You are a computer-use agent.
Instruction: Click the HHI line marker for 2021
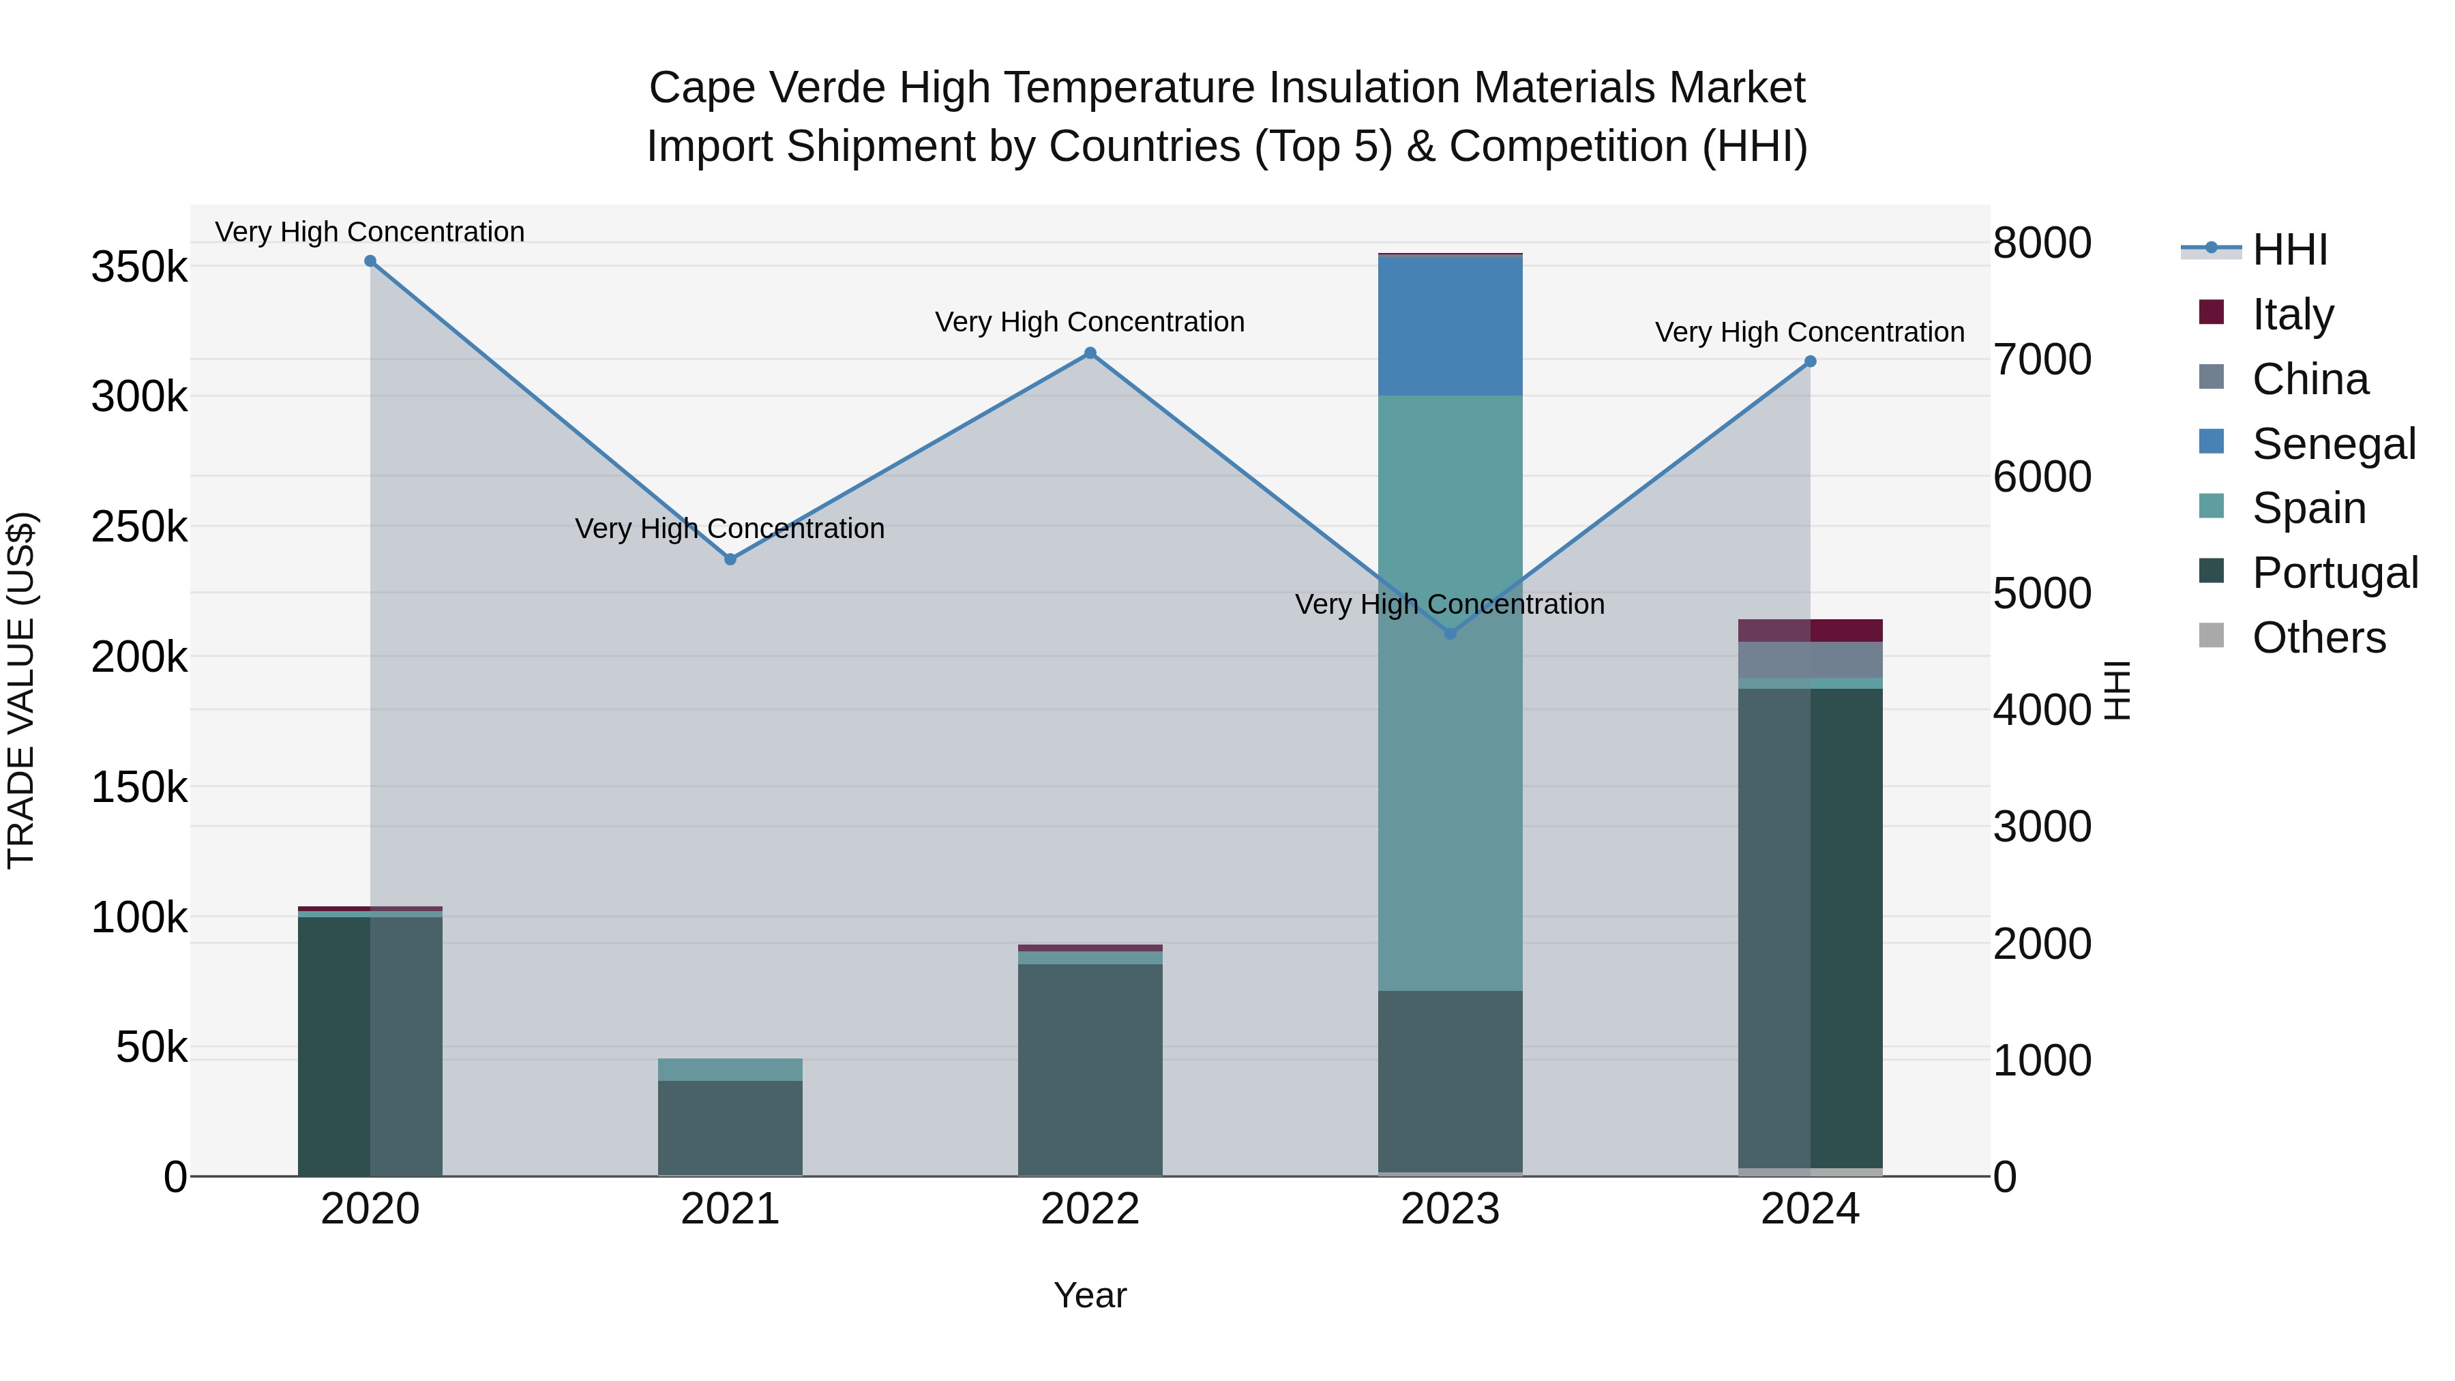(730, 559)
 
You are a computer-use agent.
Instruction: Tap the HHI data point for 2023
(1450, 634)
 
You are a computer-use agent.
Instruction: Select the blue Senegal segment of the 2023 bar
(1450, 326)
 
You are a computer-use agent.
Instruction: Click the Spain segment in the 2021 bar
(730, 1069)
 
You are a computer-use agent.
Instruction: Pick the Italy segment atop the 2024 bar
(1810, 630)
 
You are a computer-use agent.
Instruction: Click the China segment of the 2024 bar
(1810, 659)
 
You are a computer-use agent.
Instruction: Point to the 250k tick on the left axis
(139, 526)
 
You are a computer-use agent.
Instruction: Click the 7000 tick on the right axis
(2041, 359)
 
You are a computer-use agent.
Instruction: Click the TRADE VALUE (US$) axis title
(21, 690)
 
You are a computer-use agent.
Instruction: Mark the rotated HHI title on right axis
(2115, 690)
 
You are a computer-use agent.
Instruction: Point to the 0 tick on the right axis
(2005, 1177)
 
